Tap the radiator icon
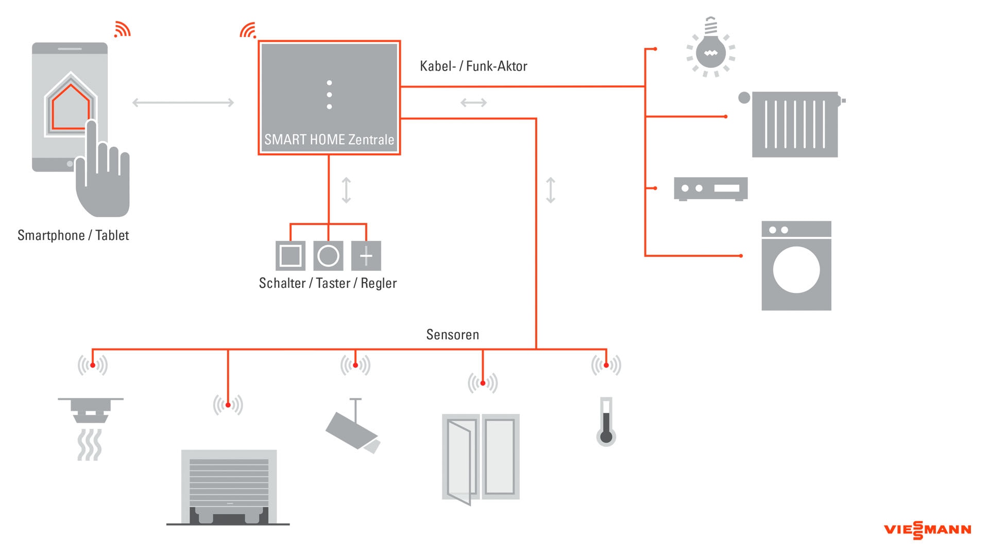click(x=795, y=125)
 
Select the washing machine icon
click(x=796, y=266)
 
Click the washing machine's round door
click(x=796, y=270)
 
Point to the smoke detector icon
click(x=91, y=412)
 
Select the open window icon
click(x=481, y=457)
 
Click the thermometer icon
click(x=606, y=422)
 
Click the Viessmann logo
click(x=927, y=530)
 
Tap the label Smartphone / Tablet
click(x=73, y=235)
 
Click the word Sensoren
click(x=452, y=335)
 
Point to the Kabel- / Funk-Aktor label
click(x=473, y=66)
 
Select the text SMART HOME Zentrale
click(x=329, y=140)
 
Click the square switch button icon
click(x=291, y=256)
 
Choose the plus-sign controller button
click(x=366, y=256)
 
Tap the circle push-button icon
click(x=328, y=256)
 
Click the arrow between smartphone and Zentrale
click(x=183, y=103)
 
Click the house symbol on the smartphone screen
click(x=71, y=107)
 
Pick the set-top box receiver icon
click(x=711, y=189)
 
